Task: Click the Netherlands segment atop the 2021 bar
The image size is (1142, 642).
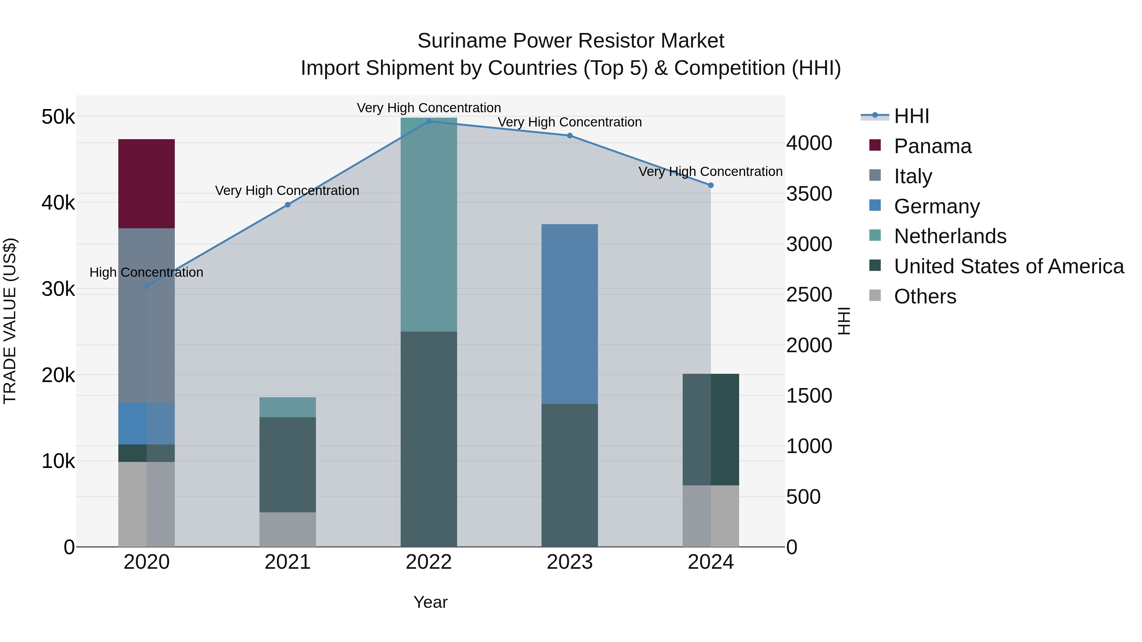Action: (x=287, y=407)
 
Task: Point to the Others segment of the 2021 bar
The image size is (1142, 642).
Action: (x=287, y=529)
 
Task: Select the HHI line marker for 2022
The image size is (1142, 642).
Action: (x=428, y=121)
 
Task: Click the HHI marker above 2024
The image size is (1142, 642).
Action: (x=710, y=185)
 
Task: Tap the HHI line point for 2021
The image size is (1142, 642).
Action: (x=287, y=205)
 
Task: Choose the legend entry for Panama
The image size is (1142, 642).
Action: (x=932, y=146)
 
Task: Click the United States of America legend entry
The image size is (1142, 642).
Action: (x=1008, y=266)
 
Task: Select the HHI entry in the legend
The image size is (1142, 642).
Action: (x=911, y=116)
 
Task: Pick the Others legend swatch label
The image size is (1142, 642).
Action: (x=925, y=296)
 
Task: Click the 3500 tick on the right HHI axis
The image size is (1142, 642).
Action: (x=809, y=194)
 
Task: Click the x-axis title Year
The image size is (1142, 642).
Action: (x=430, y=602)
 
